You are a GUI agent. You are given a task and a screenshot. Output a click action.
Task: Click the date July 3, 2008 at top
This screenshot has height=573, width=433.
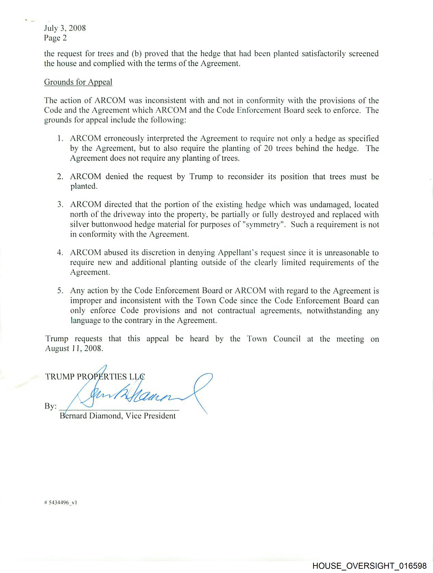pos(65,28)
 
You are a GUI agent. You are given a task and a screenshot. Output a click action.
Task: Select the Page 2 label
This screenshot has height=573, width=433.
pos(55,38)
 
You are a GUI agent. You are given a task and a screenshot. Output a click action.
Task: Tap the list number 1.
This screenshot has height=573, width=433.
pos(60,139)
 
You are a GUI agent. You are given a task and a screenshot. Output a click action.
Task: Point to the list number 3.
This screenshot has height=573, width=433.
pos(60,205)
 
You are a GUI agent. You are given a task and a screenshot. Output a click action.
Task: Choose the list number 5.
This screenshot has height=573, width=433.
pos(60,291)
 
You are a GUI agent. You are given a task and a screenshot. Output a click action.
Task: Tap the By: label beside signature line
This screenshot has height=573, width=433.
pos(50,406)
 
